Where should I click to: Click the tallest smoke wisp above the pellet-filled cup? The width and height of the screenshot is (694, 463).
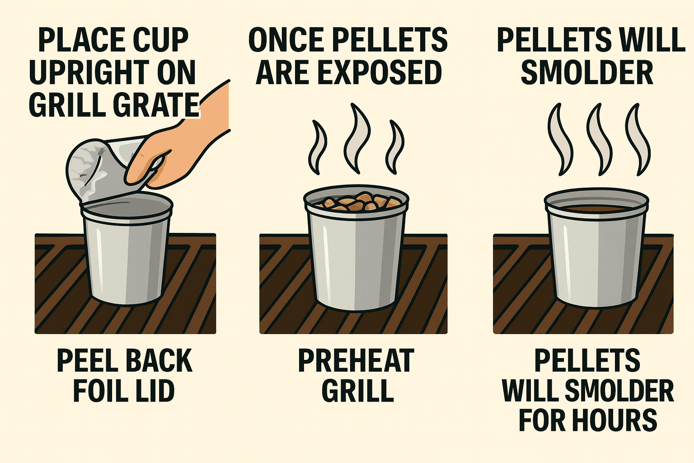[357, 138]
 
